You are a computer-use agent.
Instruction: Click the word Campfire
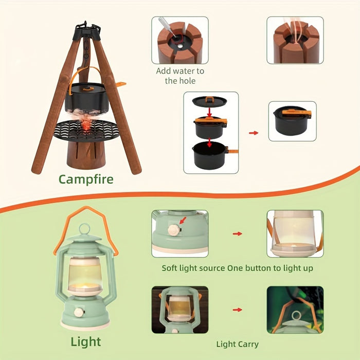point(86,179)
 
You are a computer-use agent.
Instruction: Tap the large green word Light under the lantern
point(86,341)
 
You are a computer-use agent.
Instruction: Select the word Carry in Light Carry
point(248,345)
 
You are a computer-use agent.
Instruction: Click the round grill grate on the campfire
point(86,130)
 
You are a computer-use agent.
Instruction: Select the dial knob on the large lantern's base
point(79,312)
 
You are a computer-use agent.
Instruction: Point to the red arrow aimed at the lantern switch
point(183,221)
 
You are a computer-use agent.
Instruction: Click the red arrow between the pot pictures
point(254,133)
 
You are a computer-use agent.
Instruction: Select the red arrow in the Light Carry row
point(238,310)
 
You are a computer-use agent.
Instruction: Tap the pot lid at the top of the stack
point(210,101)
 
